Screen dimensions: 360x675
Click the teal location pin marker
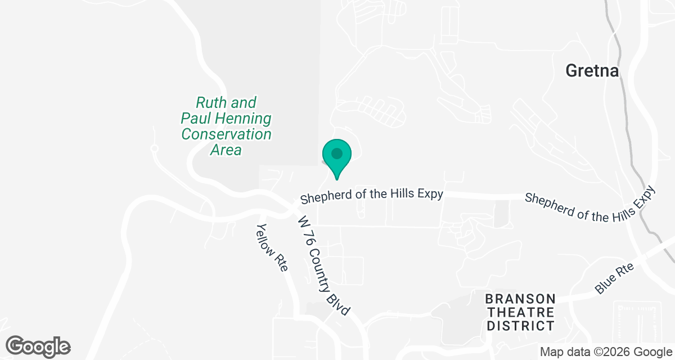(337, 157)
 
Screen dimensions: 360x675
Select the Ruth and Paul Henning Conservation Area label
(226, 126)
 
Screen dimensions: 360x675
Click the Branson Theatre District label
(520, 312)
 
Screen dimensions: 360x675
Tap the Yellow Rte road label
(272, 248)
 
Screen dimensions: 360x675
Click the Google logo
(38, 346)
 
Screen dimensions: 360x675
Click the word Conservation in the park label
(226, 134)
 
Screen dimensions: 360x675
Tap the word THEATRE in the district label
(520, 312)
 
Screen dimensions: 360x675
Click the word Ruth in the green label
(211, 103)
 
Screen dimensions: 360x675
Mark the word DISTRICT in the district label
(520, 325)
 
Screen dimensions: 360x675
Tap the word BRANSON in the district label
(520, 298)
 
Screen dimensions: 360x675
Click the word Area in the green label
(226, 150)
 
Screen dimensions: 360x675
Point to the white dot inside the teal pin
(337, 153)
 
